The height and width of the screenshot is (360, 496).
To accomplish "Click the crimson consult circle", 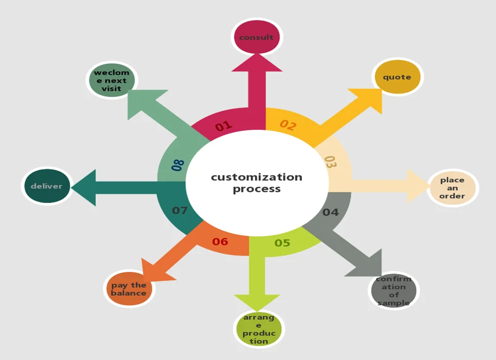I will click(x=257, y=37).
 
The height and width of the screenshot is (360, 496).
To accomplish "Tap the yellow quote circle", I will click(x=397, y=77).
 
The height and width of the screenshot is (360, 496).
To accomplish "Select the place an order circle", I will click(x=453, y=188).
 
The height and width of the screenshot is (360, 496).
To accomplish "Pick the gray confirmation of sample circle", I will click(x=394, y=290).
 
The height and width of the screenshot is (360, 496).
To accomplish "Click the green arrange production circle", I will click(x=259, y=329).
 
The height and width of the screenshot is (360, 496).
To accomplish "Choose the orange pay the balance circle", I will click(x=129, y=289).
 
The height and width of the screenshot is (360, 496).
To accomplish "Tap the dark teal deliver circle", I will click(x=47, y=186).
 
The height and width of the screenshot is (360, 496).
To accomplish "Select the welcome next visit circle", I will click(x=111, y=81).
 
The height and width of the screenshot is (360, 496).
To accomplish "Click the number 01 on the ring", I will click(x=223, y=126).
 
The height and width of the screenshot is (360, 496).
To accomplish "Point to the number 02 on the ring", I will click(x=288, y=125).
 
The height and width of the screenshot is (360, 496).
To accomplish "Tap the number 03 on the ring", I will click(x=330, y=162).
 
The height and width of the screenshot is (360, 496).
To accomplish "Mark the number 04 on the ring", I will click(x=330, y=212).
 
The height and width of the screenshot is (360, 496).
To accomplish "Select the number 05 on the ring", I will click(x=282, y=243).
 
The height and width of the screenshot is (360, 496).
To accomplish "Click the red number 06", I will click(x=220, y=241).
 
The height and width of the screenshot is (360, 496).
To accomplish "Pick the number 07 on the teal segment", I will click(x=179, y=210).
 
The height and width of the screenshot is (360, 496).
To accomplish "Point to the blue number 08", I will click(x=177, y=165).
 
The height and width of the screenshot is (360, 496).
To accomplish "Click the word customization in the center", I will click(x=257, y=177).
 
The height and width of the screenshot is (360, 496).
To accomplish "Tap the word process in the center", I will click(x=257, y=189).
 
